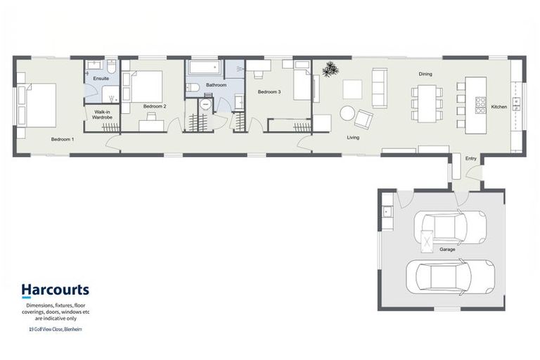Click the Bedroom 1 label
[x=63, y=139]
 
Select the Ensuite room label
[x=101, y=78]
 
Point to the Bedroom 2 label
[x=155, y=106]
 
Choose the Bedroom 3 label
[x=269, y=92]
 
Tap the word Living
[x=353, y=137]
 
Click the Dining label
[x=425, y=73]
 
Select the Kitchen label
[x=499, y=107]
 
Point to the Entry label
[x=471, y=159]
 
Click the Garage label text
[x=447, y=250]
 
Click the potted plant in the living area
[x=329, y=69]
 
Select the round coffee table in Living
[x=347, y=112]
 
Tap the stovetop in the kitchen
[x=482, y=105]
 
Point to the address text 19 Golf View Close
[x=55, y=329]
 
